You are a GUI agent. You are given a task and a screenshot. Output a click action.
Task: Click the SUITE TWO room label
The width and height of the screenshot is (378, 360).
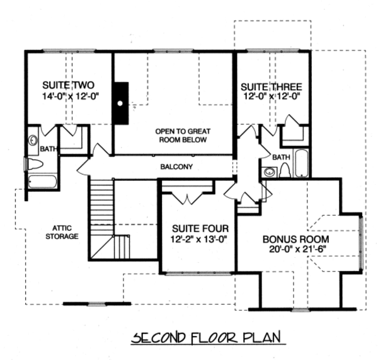coord(69,86)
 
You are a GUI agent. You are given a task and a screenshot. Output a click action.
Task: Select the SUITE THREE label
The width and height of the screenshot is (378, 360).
coord(272,86)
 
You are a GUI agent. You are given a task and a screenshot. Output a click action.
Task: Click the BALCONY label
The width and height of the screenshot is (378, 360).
coord(176,167)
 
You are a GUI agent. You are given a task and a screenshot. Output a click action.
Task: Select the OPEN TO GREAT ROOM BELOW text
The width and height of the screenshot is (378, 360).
coord(183,136)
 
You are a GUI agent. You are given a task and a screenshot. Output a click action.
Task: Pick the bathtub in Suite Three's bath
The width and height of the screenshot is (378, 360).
coord(301,164)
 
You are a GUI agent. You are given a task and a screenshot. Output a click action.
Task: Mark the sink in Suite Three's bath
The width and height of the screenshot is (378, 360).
coord(270,171)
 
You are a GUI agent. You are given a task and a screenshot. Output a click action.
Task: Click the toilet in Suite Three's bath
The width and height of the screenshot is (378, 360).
coord(285,170)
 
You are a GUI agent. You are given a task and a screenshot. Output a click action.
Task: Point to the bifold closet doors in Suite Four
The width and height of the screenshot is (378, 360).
coord(186,197)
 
